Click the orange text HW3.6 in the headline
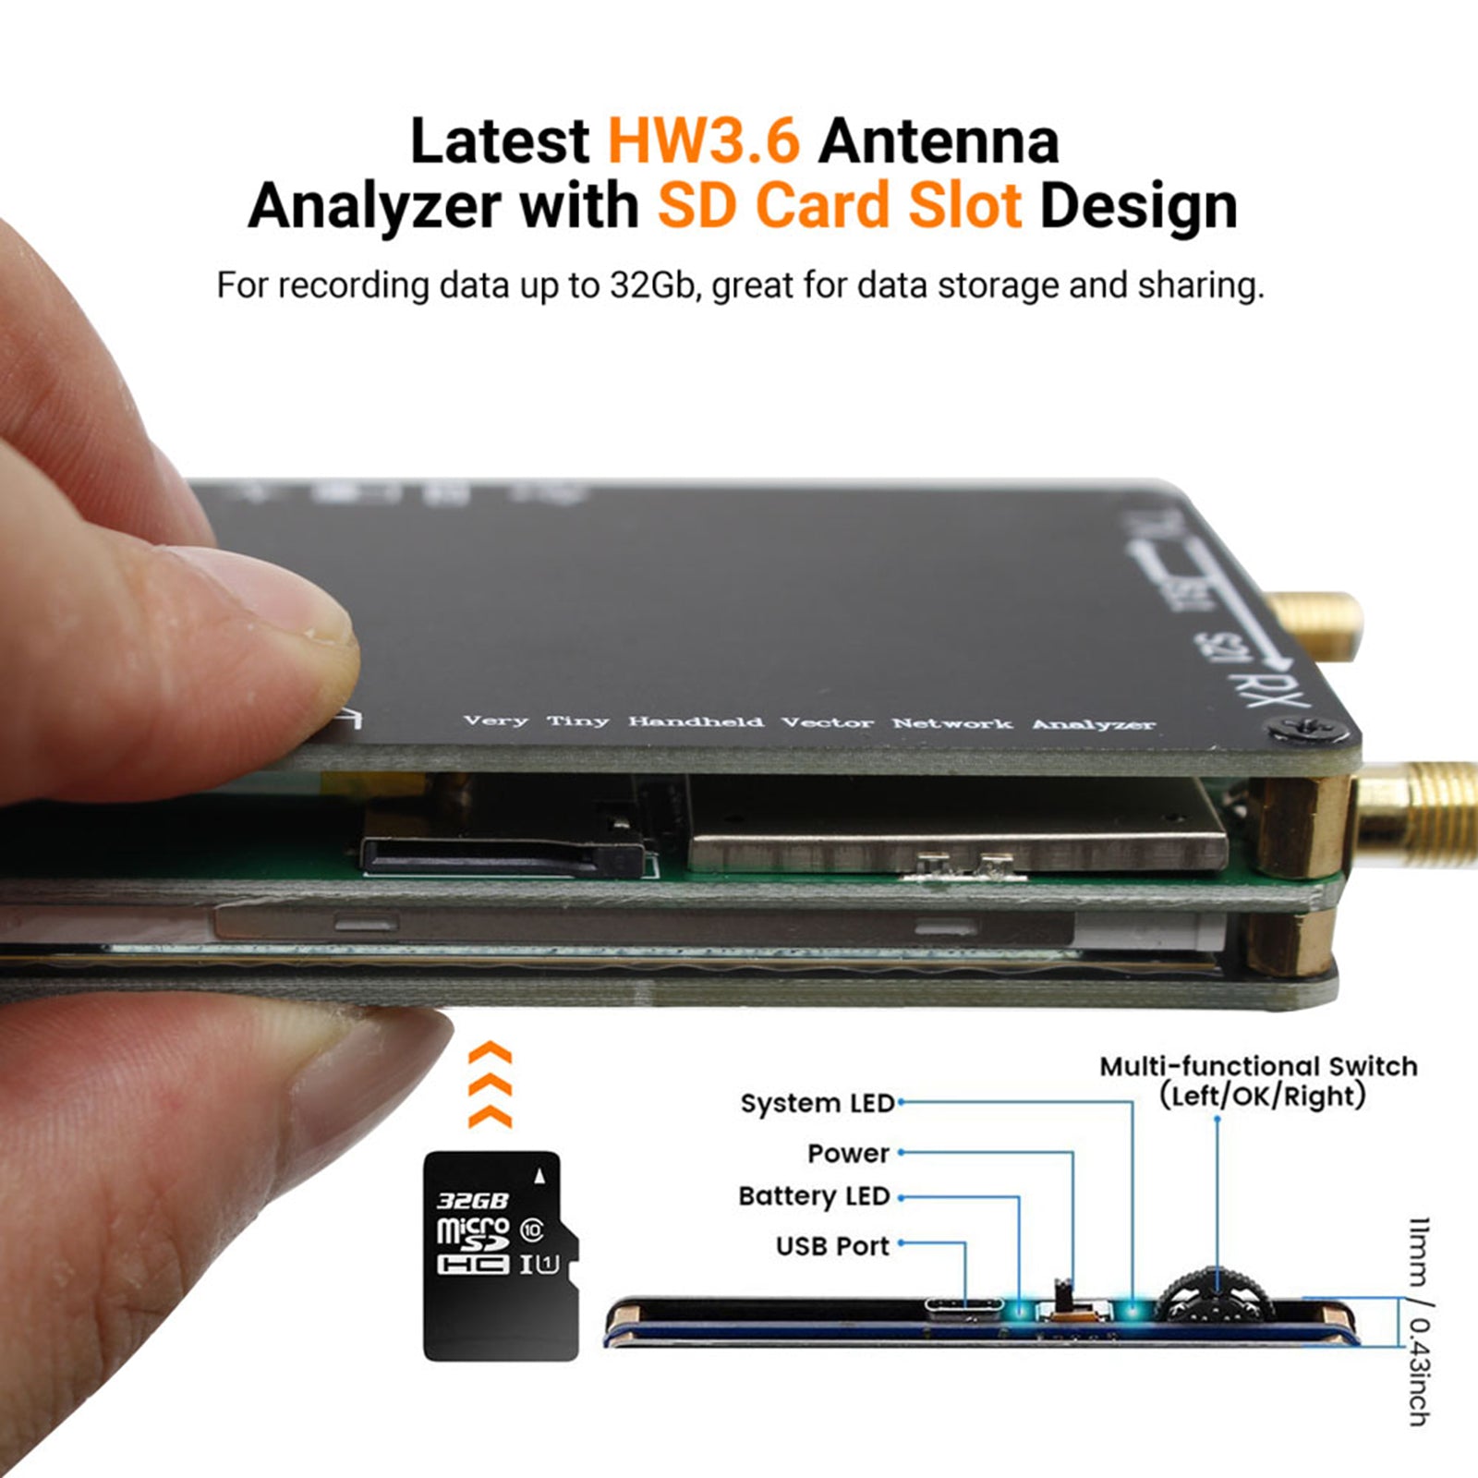(x=703, y=141)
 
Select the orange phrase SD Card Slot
(x=839, y=205)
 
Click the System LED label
(x=817, y=1103)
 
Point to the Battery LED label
(x=814, y=1196)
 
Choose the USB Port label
(x=832, y=1246)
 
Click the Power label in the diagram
(x=848, y=1153)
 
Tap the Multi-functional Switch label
(x=1258, y=1067)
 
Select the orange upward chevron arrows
(x=490, y=1085)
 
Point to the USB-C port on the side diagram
(x=963, y=1306)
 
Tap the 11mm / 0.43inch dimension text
(x=1419, y=1321)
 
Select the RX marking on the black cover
(x=1261, y=689)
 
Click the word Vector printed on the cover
(x=827, y=722)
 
